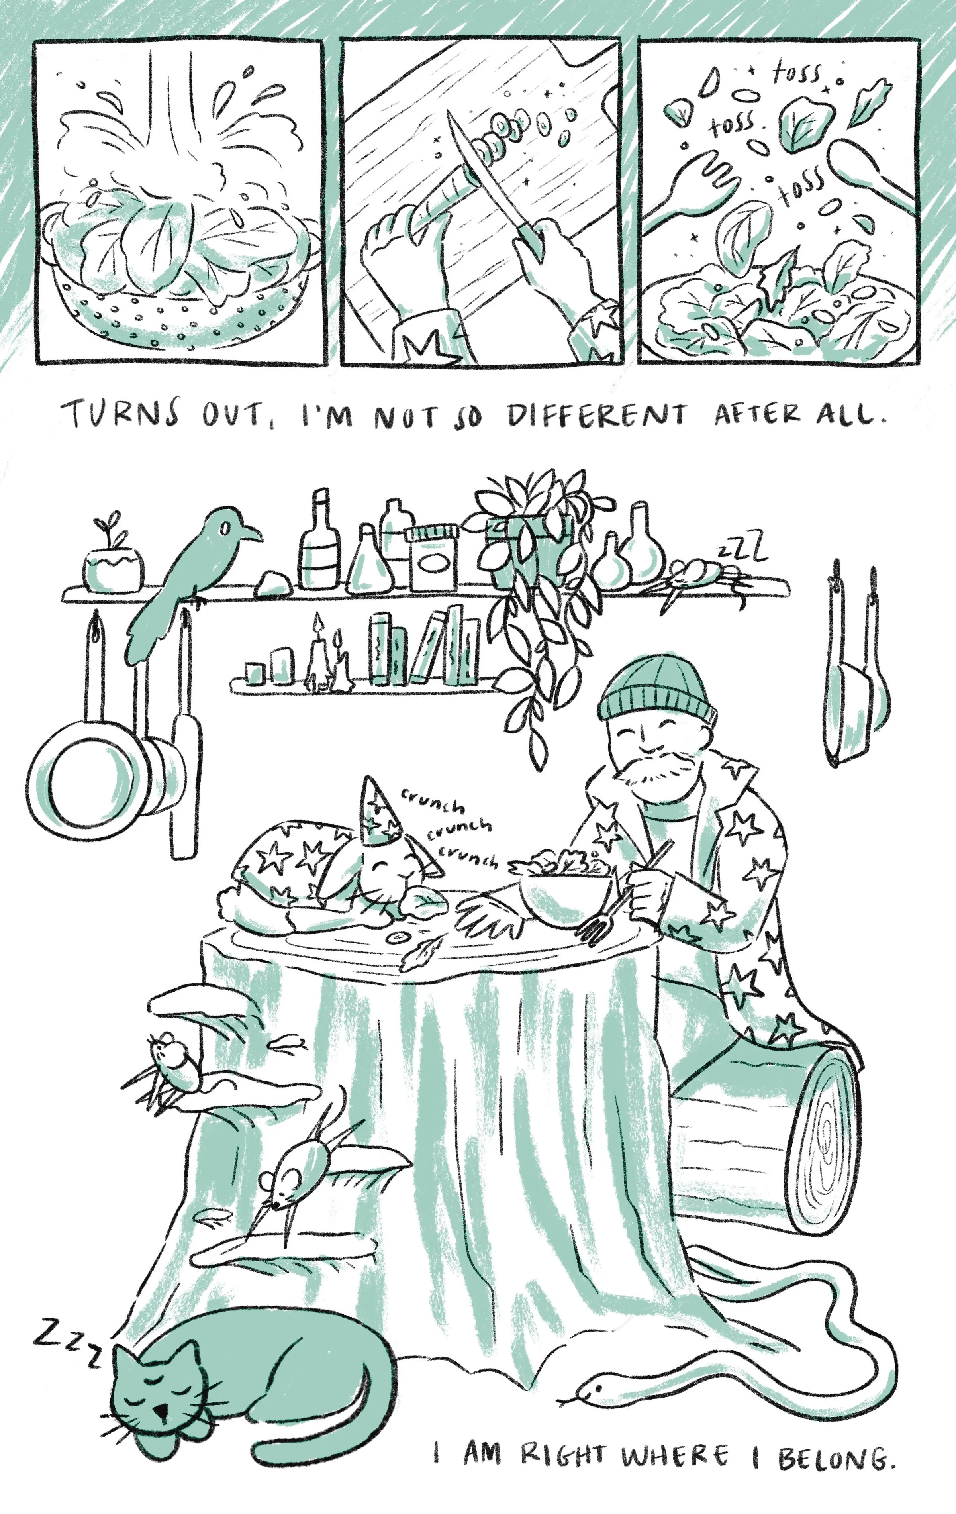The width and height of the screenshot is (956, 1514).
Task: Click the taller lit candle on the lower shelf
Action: (x=318, y=654)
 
